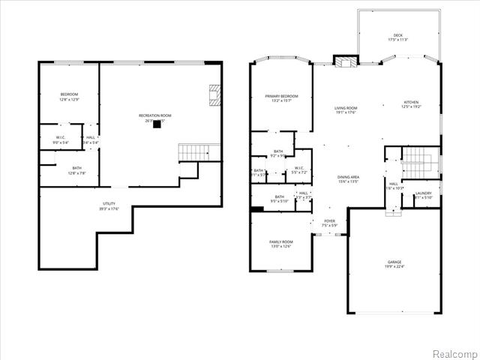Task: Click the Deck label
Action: click(x=397, y=36)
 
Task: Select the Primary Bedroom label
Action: click(x=281, y=96)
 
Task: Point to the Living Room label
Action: click(x=346, y=108)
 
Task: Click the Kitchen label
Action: click(x=410, y=102)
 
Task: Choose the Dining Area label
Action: click(x=349, y=176)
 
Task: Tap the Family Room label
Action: click(x=281, y=241)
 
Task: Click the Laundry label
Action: click(x=424, y=193)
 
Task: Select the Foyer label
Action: click(x=329, y=221)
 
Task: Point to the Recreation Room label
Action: click(x=155, y=115)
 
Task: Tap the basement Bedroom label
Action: click(x=69, y=94)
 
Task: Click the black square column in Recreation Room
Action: click(x=157, y=125)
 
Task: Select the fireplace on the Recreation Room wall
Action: click(x=214, y=95)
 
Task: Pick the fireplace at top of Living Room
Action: click(x=345, y=62)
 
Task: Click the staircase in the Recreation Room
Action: click(x=200, y=152)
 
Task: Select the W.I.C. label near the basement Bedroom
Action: click(x=61, y=137)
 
